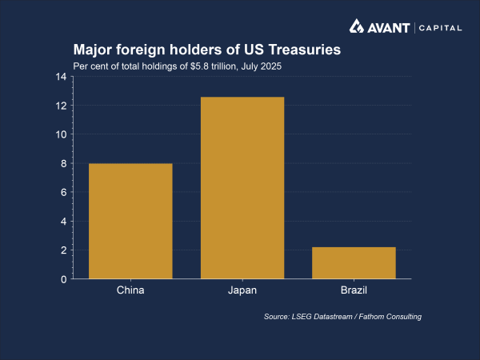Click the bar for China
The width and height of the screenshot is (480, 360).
(130, 221)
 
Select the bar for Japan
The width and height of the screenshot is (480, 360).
(242, 188)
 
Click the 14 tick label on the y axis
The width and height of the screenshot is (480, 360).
(61, 77)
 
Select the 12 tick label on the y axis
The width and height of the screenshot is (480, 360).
(61, 106)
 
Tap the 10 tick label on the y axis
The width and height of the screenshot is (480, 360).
(61, 134)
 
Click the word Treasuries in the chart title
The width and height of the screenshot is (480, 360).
(303, 50)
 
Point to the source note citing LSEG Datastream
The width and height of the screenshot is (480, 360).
(342, 318)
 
